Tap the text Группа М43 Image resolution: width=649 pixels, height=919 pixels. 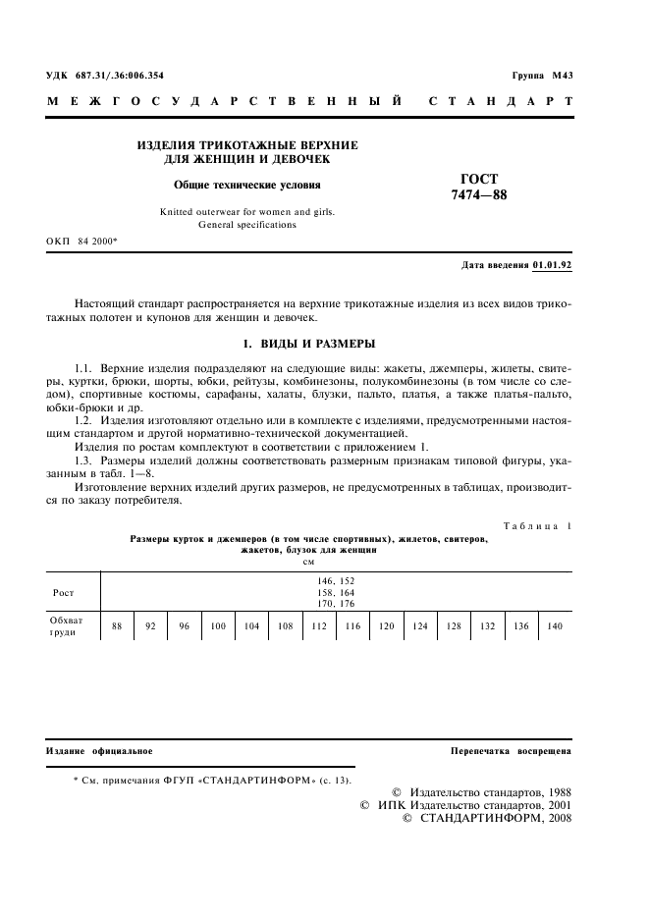coord(542,76)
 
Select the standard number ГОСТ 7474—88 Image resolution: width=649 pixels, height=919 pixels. coord(479,187)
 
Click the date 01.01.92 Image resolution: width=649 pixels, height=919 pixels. coord(553,265)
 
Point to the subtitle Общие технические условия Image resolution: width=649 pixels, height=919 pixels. coord(246,184)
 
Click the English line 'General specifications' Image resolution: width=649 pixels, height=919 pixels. coord(246,225)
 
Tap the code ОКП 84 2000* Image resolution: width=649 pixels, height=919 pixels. coord(81,241)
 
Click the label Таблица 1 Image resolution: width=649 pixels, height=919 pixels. coord(537,527)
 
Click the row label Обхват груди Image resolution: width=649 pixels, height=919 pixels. coord(68,626)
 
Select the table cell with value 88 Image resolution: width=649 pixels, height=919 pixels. coord(117,626)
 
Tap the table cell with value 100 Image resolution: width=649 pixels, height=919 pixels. coord(217,626)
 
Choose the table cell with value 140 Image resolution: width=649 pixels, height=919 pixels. coord(555,626)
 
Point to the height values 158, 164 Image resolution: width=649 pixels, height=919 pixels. coord(336,593)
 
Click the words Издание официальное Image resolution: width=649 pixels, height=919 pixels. coord(99,751)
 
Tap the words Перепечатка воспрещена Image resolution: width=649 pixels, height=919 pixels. coord(511,751)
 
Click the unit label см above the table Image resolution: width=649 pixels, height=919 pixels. coord(308,563)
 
